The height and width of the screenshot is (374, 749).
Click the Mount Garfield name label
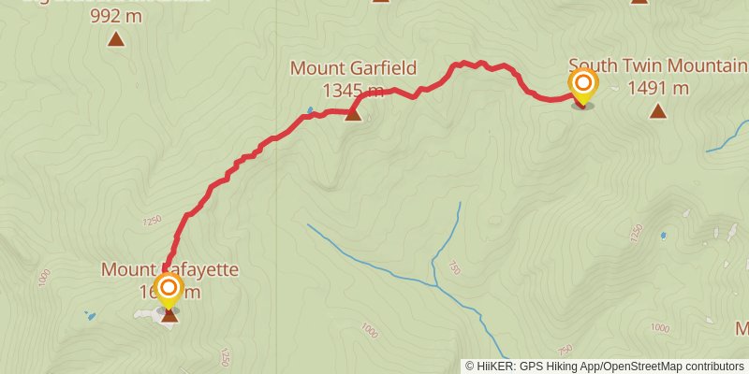(353, 69)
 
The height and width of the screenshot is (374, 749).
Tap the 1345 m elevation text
(353, 90)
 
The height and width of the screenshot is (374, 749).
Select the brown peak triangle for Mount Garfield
(353, 114)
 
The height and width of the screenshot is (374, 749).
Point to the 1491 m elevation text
(658, 88)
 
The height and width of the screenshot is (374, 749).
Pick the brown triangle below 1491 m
(658, 112)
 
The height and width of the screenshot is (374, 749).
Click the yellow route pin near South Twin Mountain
(582, 87)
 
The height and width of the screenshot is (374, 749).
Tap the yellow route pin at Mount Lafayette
(169, 291)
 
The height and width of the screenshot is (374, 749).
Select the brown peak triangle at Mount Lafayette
(169, 315)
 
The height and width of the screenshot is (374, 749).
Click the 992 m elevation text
(116, 16)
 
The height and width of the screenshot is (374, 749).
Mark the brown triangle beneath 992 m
(116, 39)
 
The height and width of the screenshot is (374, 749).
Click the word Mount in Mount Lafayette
(126, 270)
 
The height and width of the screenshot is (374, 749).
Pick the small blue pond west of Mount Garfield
(310, 109)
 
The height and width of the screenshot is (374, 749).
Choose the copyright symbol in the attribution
(470, 367)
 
